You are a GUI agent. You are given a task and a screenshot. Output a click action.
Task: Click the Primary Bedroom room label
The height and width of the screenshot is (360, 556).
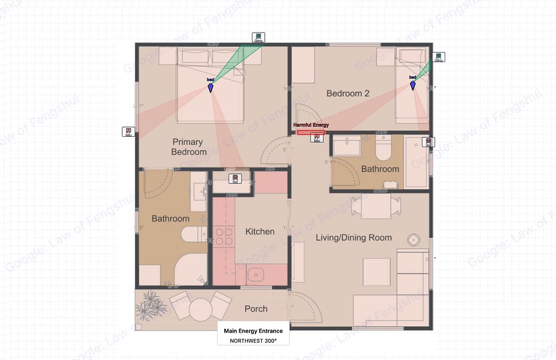tap(189, 147)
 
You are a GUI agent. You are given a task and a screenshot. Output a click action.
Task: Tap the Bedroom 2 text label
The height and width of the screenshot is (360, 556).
tap(347, 93)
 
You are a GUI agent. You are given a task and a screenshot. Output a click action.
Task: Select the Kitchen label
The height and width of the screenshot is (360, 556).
tap(260, 231)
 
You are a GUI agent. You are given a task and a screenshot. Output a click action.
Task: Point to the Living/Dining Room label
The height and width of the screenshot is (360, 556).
tap(353, 237)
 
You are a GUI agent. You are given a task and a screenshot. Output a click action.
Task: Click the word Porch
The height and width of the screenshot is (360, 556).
tap(256, 308)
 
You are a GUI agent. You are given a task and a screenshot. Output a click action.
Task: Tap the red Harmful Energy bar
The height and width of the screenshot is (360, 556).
tap(311, 132)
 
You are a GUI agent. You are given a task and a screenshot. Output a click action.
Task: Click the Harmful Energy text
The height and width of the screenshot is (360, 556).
tap(311, 125)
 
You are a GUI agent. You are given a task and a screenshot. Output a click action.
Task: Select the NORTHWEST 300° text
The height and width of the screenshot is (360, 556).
tap(253, 340)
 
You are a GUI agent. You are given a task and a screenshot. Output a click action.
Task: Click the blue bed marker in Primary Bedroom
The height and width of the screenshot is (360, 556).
tap(211, 87)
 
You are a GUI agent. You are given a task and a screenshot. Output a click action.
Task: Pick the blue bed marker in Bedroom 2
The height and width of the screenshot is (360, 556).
tap(413, 85)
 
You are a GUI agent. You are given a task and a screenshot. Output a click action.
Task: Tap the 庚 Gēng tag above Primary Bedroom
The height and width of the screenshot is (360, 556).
tap(258, 37)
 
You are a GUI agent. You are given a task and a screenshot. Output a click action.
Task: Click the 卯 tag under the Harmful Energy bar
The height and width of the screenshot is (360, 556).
tap(316, 138)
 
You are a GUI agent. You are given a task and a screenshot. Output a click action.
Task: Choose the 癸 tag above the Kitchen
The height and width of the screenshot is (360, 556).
tap(236, 178)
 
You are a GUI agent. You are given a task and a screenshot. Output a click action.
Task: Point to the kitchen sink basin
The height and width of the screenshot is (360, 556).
tap(255, 275)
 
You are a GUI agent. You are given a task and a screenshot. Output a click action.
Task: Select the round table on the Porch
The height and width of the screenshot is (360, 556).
tap(200, 310)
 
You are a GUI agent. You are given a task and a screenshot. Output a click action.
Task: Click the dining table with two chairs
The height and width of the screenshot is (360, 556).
tap(376, 206)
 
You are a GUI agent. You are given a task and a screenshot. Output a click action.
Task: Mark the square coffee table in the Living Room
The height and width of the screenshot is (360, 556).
tap(376, 271)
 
